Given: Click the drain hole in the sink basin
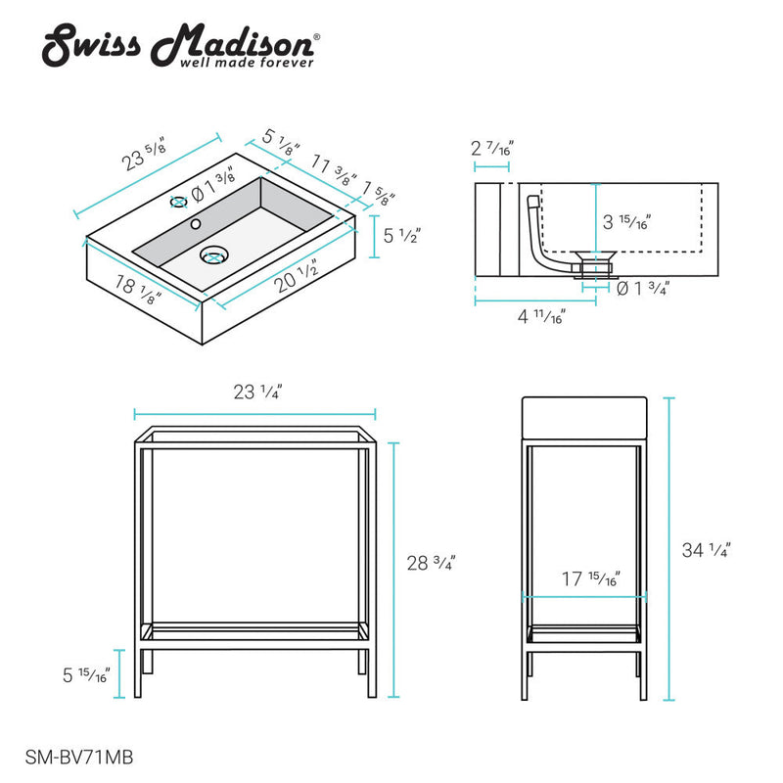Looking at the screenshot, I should [213, 256].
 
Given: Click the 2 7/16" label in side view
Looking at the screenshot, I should [492, 149].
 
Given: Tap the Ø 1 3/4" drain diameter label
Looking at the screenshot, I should [643, 288].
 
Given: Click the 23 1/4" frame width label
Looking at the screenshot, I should [258, 392].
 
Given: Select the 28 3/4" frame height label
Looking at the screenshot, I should [432, 564].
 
